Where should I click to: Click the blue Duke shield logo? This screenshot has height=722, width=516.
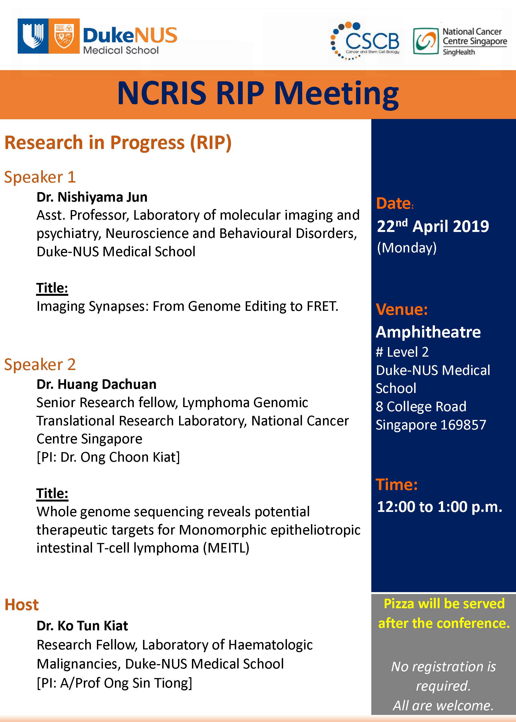tap(33, 36)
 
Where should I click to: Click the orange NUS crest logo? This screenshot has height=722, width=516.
tap(64, 36)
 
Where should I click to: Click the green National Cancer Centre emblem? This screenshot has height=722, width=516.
tap(425, 41)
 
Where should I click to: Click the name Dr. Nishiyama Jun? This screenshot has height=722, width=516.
tap(92, 197)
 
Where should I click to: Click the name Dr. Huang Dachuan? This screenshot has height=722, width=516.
tap(96, 384)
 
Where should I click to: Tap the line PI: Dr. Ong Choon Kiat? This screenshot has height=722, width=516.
tap(108, 457)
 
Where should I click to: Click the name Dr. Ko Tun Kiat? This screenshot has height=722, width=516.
tap(82, 626)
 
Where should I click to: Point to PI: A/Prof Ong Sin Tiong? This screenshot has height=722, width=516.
tap(114, 683)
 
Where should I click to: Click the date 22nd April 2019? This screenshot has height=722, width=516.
tap(433, 226)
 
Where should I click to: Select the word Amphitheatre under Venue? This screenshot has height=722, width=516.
tap(428, 332)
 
